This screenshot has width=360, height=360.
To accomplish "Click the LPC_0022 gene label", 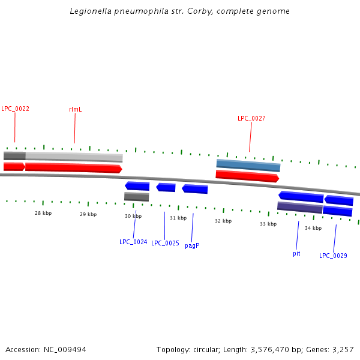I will (15, 109).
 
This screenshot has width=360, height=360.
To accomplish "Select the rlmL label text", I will (75, 109).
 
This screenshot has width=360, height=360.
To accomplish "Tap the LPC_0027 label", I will (251, 118).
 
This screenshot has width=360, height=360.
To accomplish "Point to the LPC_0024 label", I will (133, 242).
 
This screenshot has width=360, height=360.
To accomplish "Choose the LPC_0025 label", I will (165, 243).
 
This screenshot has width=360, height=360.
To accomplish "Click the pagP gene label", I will (192, 245).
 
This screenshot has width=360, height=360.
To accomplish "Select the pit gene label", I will (296, 253).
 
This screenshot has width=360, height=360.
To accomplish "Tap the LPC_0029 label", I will (333, 256).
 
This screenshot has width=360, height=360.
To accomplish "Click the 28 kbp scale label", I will (43, 213).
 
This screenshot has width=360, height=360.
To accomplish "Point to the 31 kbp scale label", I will (178, 218).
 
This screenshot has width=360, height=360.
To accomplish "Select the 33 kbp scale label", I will (268, 224).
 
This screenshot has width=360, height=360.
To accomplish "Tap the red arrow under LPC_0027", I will (247, 175).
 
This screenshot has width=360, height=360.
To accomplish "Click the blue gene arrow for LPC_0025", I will (166, 187).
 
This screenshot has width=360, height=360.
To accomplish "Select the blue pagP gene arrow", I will (195, 189).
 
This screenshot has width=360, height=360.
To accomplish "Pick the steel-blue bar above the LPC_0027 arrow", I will (248, 164).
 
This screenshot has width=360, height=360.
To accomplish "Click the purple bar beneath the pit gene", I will (299, 207).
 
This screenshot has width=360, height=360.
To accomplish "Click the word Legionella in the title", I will (90, 11).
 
